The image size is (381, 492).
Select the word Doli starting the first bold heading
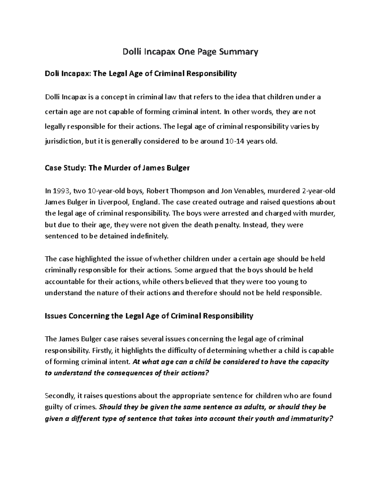(52, 74)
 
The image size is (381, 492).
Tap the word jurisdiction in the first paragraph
(63, 141)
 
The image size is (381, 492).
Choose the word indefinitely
(149, 236)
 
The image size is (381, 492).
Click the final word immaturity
(312, 419)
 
